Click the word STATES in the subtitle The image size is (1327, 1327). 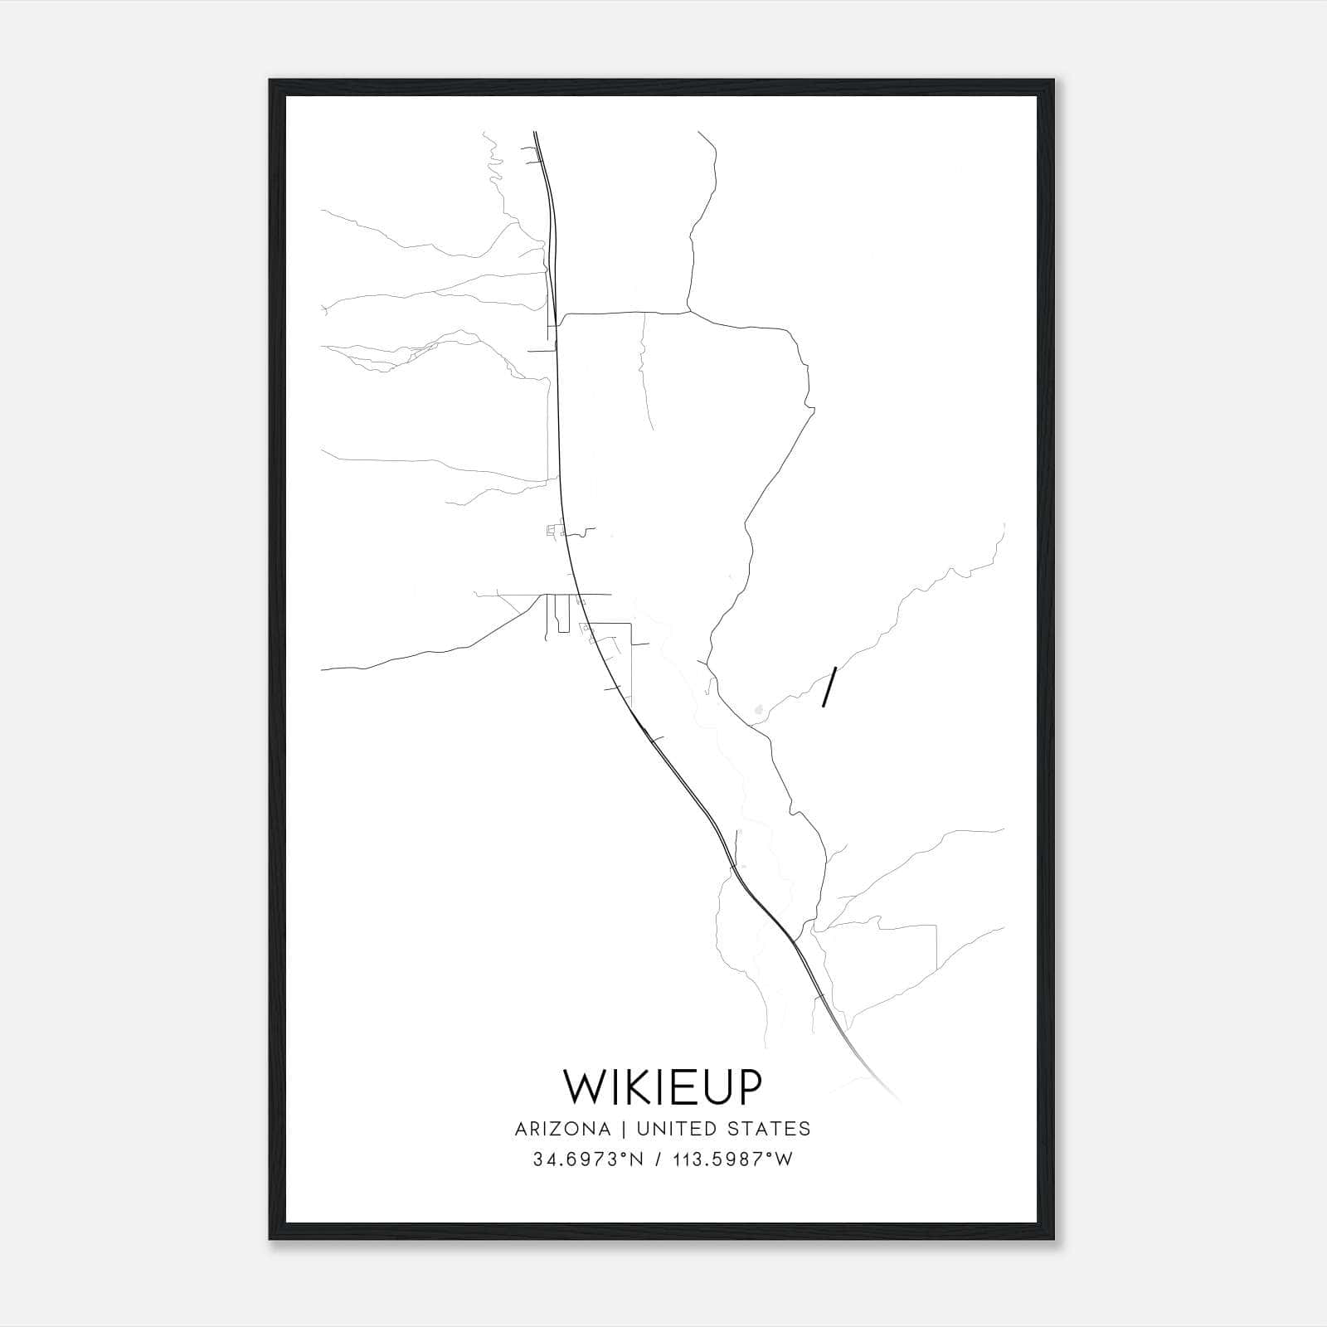pyautogui.click(x=773, y=1129)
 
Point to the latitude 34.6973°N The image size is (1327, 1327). pyautogui.click(x=588, y=1159)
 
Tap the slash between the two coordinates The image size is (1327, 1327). pyautogui.click(x=659, y=1159)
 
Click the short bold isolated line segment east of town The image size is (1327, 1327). pyautogui.click(x=828, y=687)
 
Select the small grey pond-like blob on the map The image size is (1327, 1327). pyautogui.click(x=758, y=710)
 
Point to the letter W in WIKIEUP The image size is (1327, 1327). pyautogui.click(x=583, y=1086)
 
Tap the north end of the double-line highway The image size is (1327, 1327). pyautogui.click(x=535, y=133)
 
